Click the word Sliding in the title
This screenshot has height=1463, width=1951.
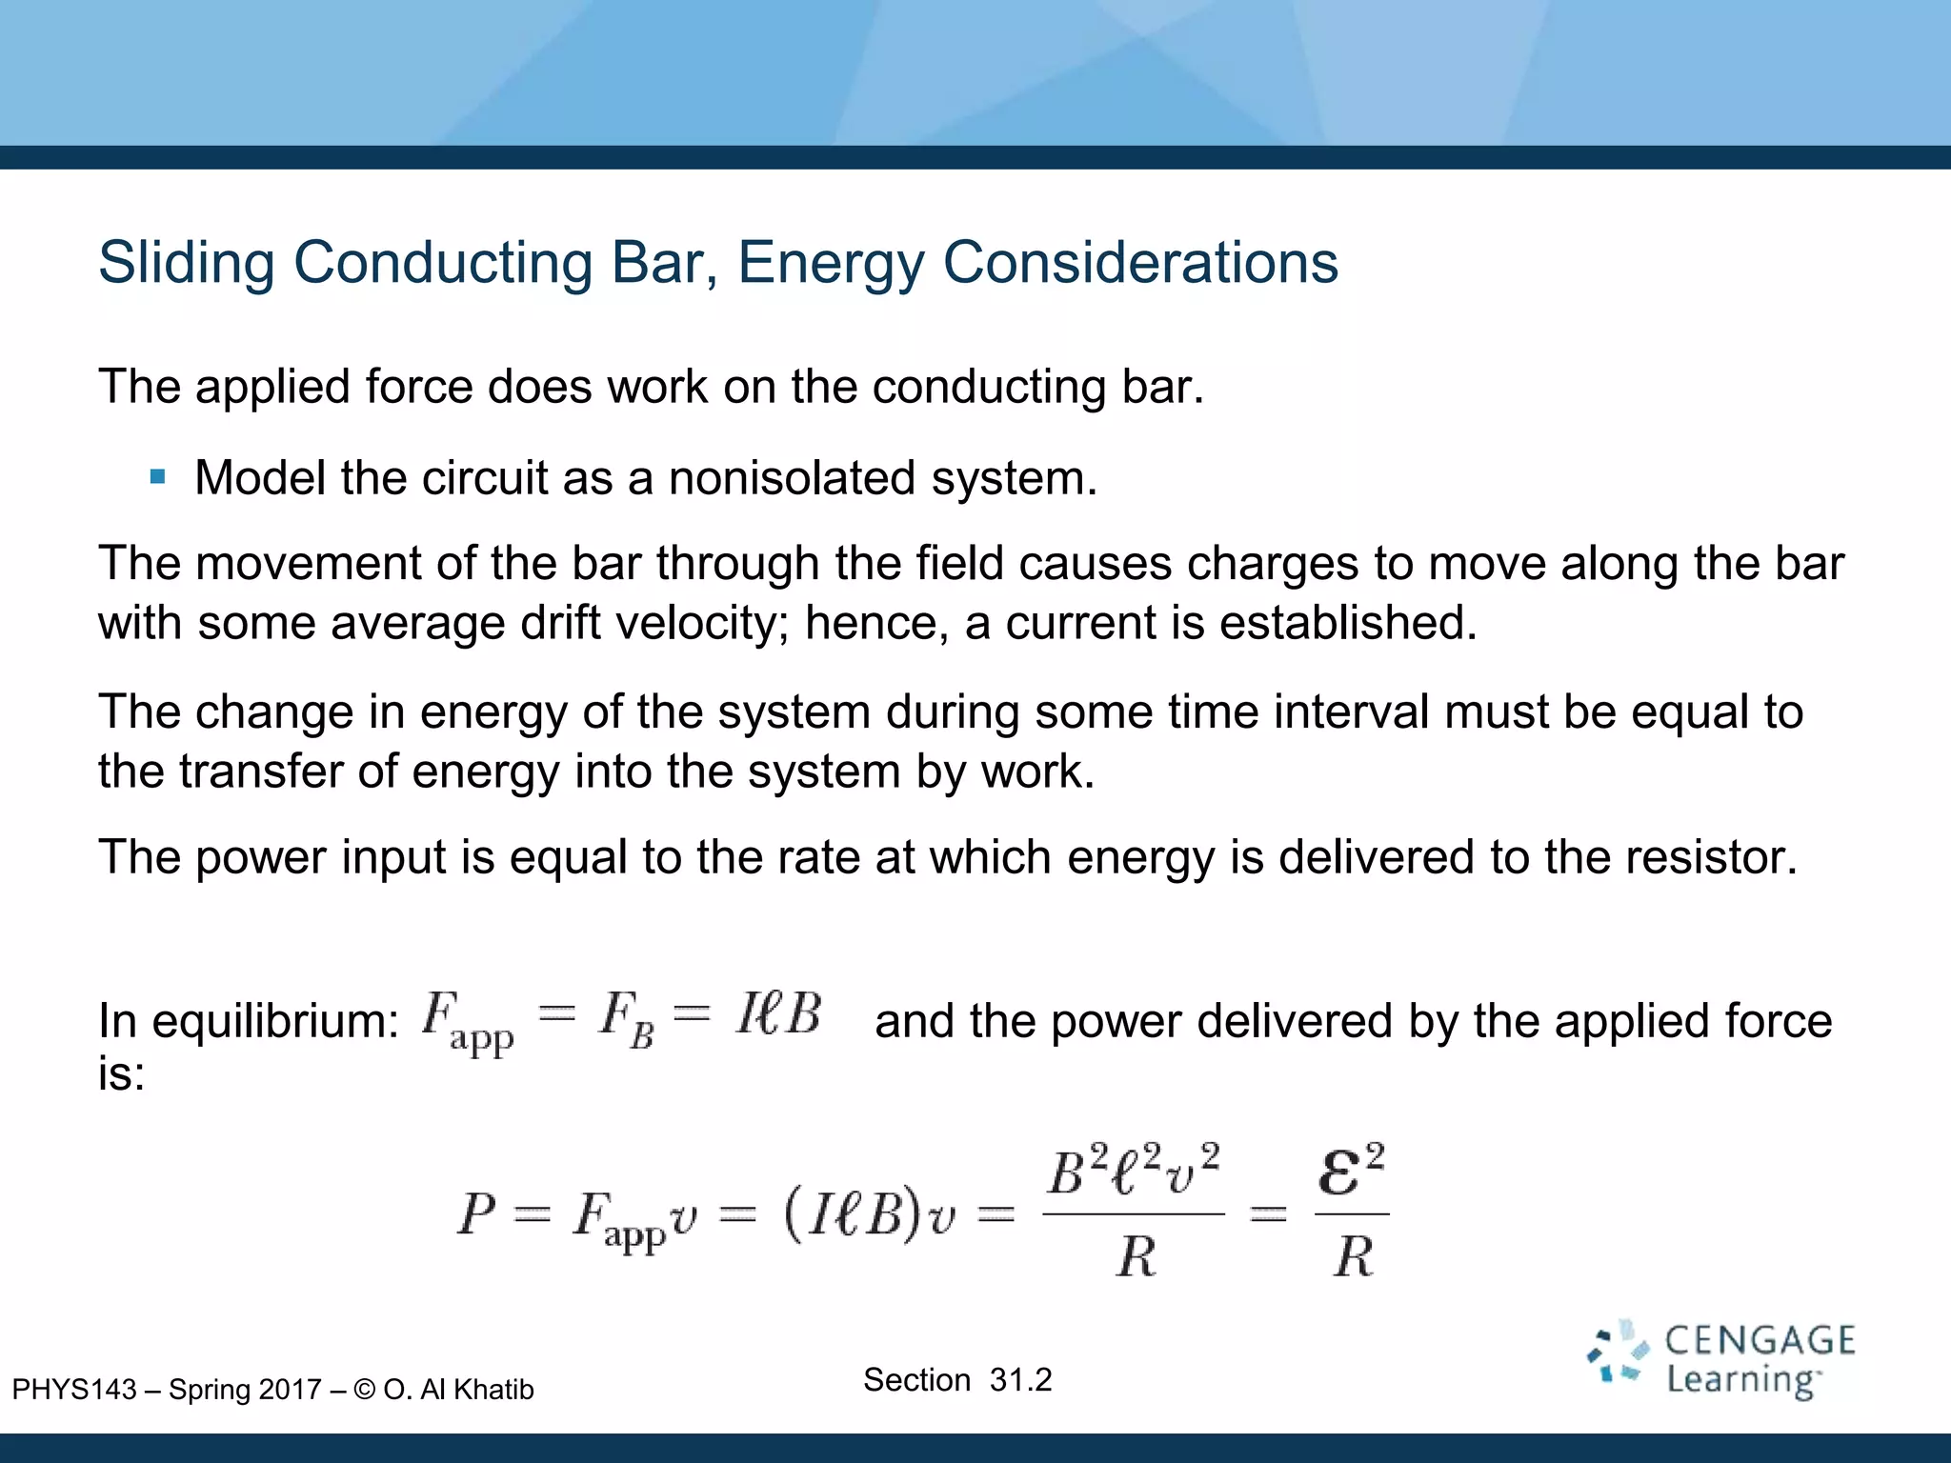point(187,263)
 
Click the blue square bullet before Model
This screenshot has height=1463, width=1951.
point(158,476)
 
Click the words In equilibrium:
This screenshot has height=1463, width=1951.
point(249,1021)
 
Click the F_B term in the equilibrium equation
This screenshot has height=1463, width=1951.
point(626,1018)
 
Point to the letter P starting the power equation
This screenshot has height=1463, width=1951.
point(476,1215)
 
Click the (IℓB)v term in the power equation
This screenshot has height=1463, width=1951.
point(869,1215)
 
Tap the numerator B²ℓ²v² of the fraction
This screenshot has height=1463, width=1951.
point(1134,1172)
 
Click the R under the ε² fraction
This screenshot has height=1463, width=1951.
point(1353,1257)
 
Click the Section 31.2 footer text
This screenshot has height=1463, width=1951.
point(957,1380)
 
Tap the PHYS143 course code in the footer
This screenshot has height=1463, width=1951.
point(74,1390)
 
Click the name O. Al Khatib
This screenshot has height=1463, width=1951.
point(458,1390)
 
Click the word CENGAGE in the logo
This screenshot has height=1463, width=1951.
point(1760,1341)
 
